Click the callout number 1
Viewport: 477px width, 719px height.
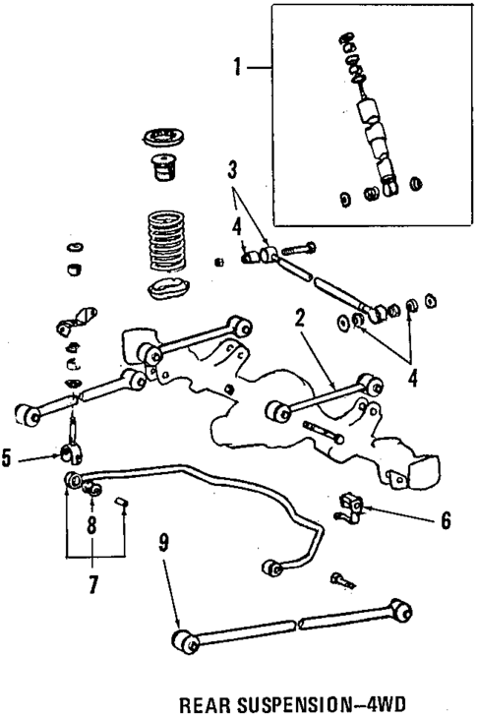(x=236, y=68)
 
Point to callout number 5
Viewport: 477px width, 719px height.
(x=7, y=457)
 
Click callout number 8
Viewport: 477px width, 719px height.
(x=92, y=525)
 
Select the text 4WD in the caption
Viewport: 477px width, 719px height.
(x=386, y=705)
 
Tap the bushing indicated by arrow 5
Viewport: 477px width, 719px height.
(x=72, y=456)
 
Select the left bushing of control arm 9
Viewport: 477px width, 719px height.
(x=182, y=640)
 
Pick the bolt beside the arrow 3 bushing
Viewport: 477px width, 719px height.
(x=300, y=248)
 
